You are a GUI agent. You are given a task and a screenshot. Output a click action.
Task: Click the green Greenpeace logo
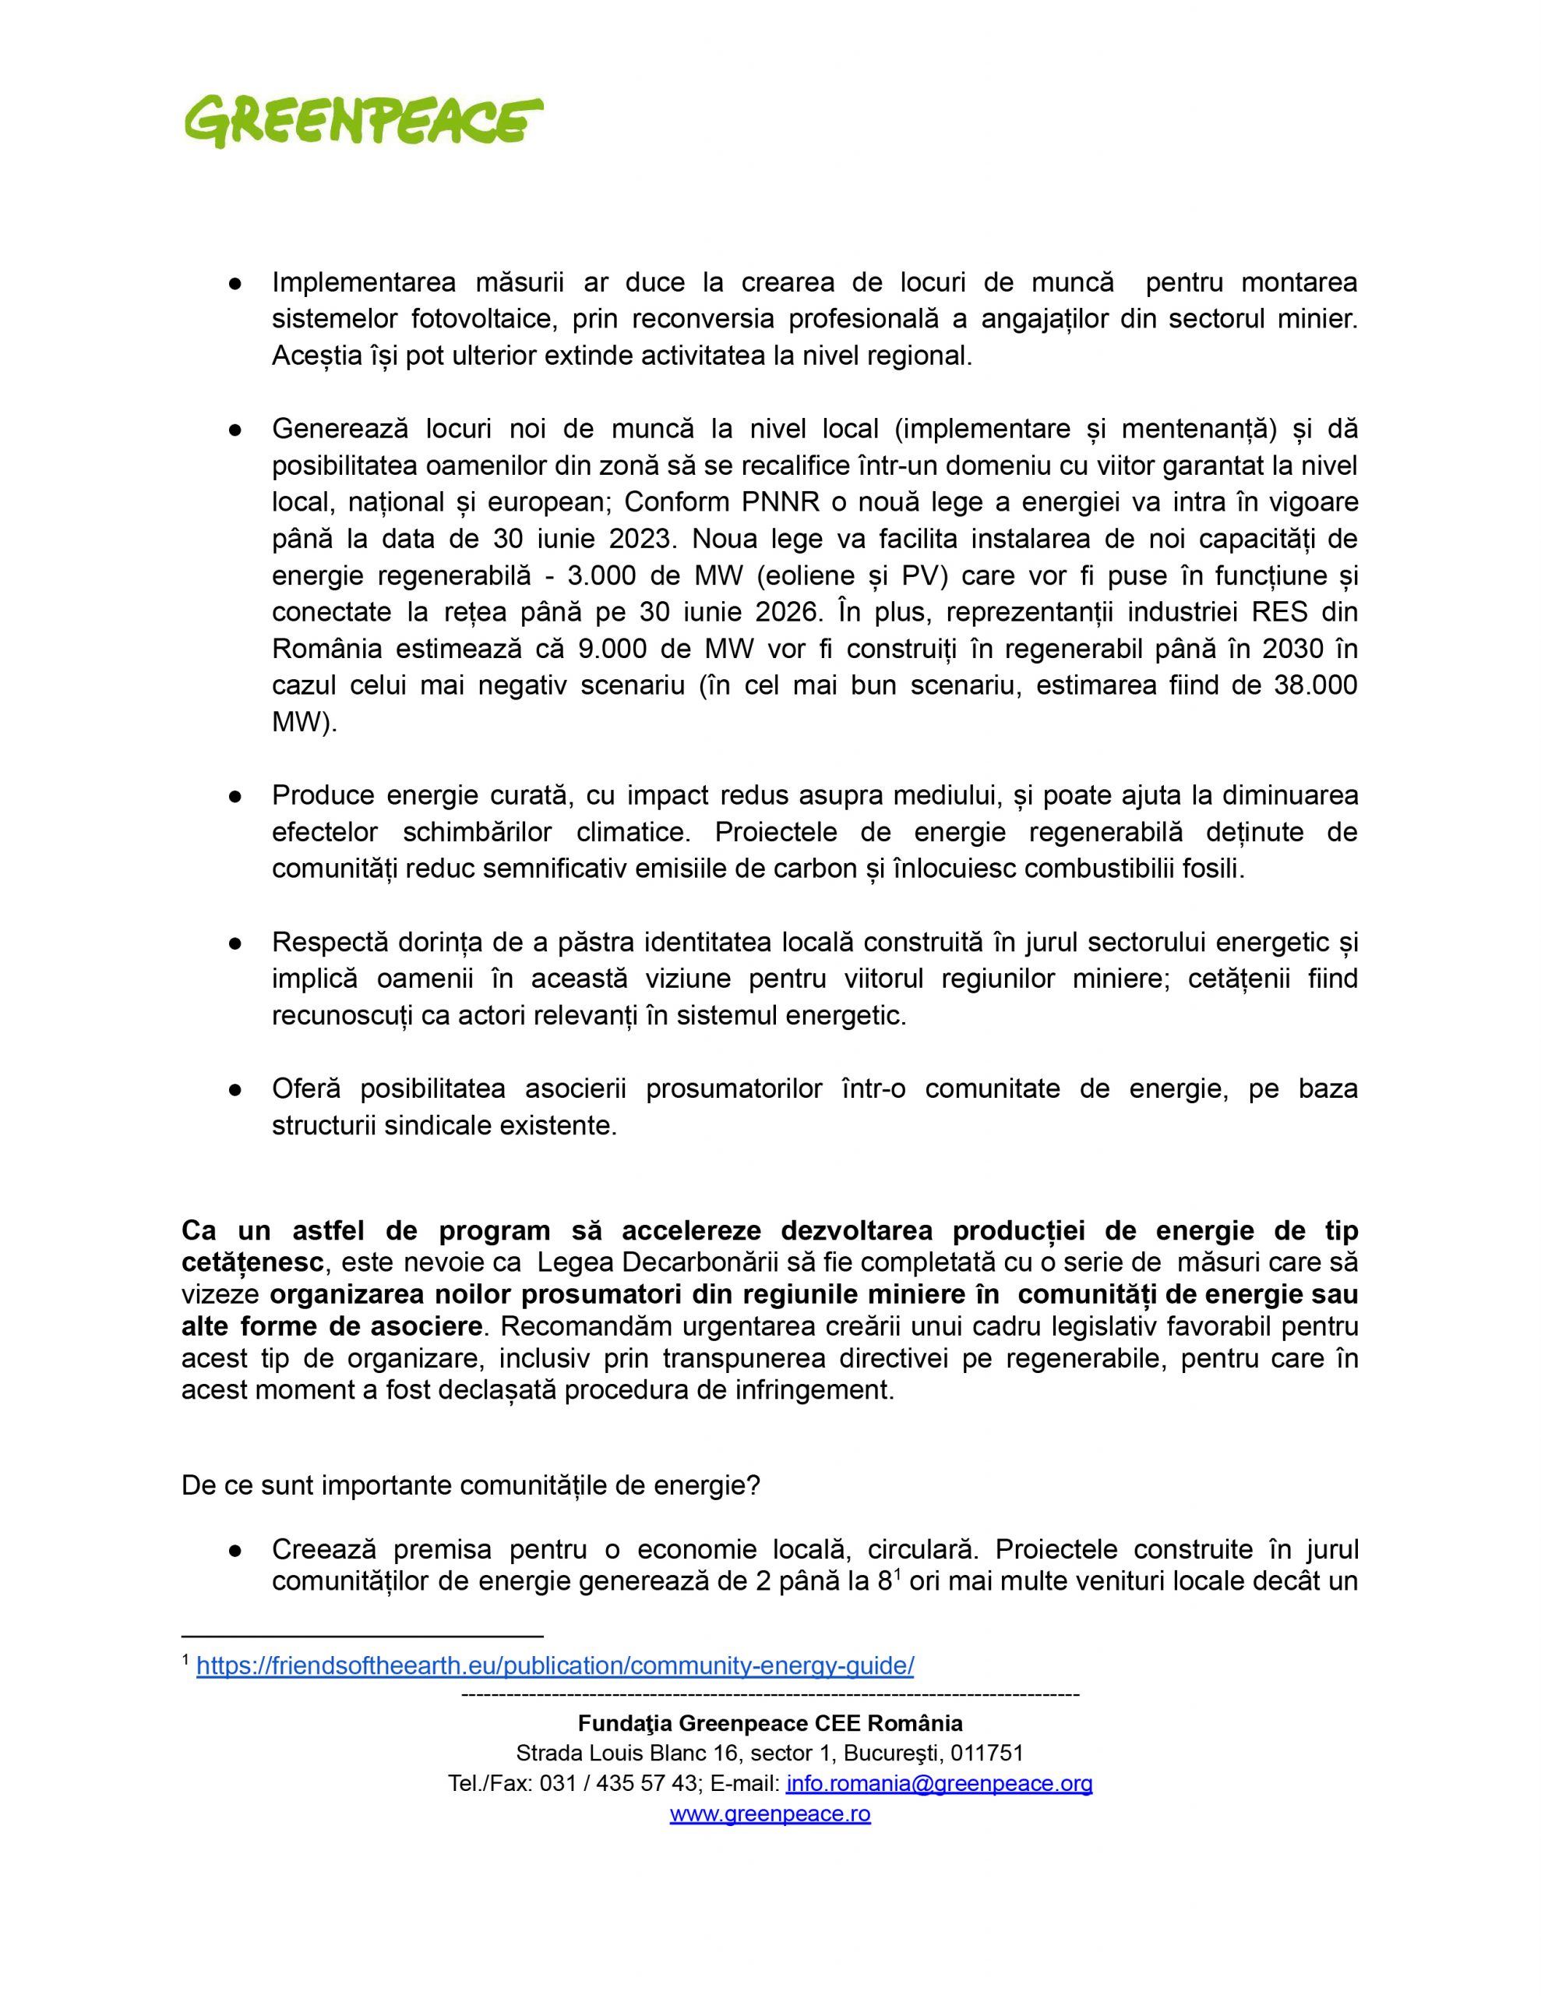pos(364,121)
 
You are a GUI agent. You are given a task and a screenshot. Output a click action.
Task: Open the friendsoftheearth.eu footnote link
pos(555,1665)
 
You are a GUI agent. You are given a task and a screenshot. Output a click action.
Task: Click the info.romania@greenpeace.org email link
pos(939,1783)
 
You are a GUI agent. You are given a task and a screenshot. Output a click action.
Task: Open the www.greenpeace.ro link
pos(770,1814)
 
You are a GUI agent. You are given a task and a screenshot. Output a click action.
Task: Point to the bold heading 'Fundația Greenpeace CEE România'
pos(770,1723)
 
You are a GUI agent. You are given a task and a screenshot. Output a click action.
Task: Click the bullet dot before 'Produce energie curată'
pos(234,795)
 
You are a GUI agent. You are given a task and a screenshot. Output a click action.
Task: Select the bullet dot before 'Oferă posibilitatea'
pos(234,1088)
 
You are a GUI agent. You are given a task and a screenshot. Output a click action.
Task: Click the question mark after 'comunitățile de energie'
pos(753,1485)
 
